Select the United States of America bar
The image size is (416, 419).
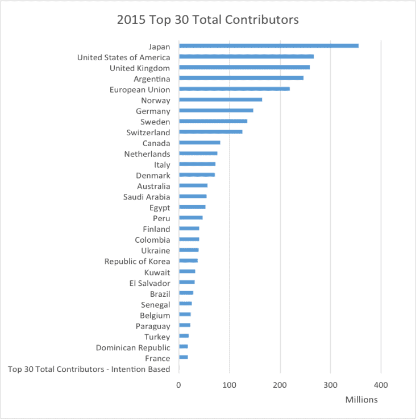(x=246, y=57)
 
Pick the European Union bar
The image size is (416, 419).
(x=234, y=89)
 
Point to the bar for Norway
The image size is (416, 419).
(x=221, y=99)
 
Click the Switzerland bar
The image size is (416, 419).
(x=210, y=132)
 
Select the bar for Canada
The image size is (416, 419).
(x=199, y=143)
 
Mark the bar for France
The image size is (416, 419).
(x=183, y=358)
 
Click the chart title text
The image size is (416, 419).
(x=207, y=20)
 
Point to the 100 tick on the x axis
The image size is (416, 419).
(x=230, y=385)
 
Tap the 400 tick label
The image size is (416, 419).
(x=381, y=385)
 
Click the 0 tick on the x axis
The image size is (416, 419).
(x=179, y=385)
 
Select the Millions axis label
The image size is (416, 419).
(x=361, y=400)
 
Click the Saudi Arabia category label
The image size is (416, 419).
(x=146, y=197)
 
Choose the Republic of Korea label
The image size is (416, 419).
(x=137, y=261)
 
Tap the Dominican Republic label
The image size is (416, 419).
(x=133, y=347)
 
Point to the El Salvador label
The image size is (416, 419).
(x=149, y=283)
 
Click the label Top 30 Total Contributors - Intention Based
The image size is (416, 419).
(x=89, y=369)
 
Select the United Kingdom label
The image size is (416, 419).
(x=139, y=68)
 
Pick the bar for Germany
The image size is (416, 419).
(x=216, y=110)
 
